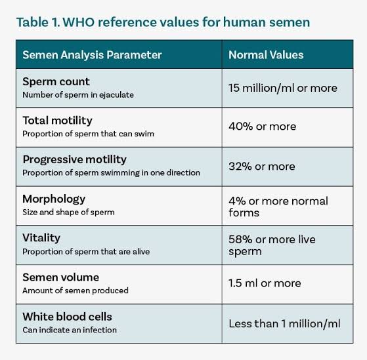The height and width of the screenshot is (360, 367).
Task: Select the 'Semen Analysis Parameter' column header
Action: (x=92, y=55)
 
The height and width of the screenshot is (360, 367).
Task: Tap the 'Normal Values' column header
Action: (x=266, y=55)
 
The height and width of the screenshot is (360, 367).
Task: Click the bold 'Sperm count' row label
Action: (x=56, y=82)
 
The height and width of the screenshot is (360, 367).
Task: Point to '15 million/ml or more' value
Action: (x=283, y=88)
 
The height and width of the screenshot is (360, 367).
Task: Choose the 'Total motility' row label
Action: (x=57, y=121)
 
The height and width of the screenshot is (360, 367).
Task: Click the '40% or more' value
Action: (x=263, y=127)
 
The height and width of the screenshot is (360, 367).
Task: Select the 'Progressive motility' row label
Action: (x=74, y=160)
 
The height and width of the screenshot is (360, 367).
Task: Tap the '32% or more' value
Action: (x=262, y=167)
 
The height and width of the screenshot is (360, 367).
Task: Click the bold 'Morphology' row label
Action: (x=54, y=199)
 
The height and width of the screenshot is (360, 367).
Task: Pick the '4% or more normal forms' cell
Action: (x=278, y=207)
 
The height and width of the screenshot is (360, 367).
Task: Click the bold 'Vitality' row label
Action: (x=41, y=238)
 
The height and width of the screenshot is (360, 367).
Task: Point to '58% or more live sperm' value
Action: (x=272, y=245)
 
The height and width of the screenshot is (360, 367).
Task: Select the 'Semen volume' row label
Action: (x=60, y=277)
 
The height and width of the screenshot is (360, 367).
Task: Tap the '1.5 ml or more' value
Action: (x=265, y=283)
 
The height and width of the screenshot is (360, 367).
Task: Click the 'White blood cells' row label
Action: (x=67, y=317)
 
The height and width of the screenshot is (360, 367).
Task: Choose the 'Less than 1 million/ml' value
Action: (x=284, y=324)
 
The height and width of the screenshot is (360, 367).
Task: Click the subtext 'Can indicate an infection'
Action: (x=70, y=330)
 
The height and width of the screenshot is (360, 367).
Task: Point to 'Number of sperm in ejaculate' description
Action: (x=78, y=95)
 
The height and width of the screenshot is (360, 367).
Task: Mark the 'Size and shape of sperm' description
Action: (x=68, y=212)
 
